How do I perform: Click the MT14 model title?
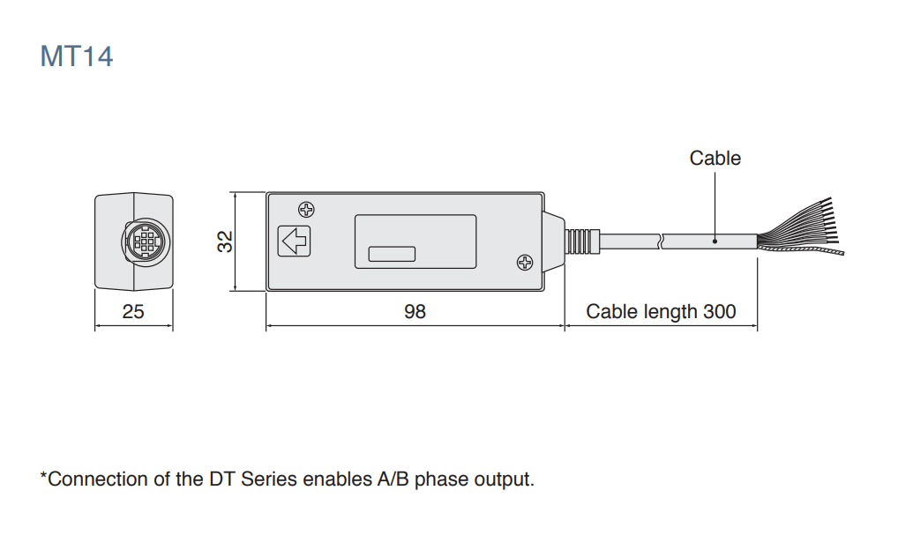77,56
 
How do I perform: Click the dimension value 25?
133,312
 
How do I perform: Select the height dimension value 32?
226,241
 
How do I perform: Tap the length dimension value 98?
415,312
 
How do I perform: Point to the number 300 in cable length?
719,312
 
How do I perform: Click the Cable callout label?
715,159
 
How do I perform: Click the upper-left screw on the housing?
306,210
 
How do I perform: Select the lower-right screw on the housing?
524,262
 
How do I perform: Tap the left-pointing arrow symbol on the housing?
294,241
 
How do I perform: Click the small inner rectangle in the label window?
392,254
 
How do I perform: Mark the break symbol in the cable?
660,241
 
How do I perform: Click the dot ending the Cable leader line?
715,240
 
